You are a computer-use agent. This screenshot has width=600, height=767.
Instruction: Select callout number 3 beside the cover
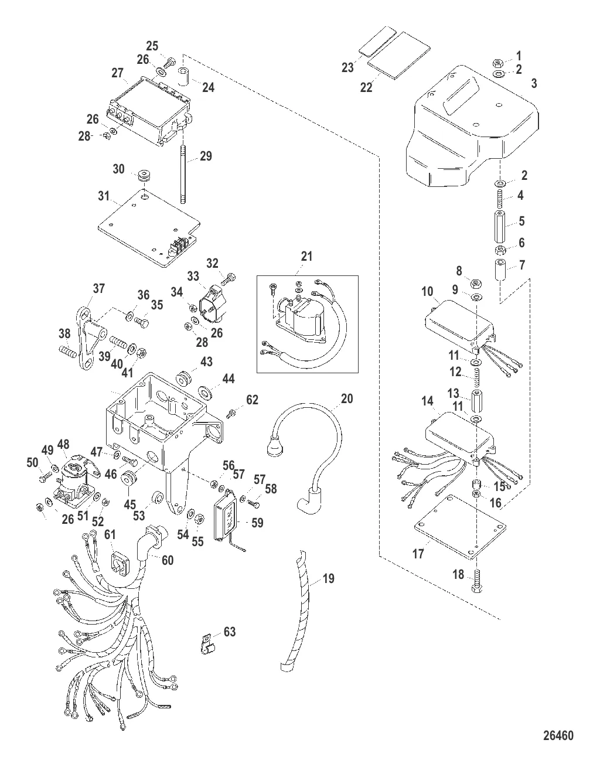coord(534,84)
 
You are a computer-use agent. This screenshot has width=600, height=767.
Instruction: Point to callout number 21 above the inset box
coord(307,257)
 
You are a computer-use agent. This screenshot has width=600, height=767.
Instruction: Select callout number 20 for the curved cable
coord(347,398)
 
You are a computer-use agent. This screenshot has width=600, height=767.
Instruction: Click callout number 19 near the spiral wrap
coord(329,579)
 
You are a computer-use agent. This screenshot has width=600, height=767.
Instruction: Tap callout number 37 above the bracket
coord(98,288)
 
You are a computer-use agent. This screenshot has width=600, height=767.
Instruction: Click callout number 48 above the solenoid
coord(63,444)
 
